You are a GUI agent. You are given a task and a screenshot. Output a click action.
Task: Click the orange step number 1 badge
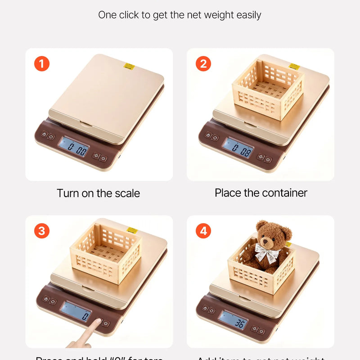point(42,64)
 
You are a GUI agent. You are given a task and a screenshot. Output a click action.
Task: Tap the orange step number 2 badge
point(203,64)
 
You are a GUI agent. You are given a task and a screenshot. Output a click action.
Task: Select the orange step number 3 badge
point(42,231)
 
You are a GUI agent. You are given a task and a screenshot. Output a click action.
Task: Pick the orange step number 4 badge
point(203,231)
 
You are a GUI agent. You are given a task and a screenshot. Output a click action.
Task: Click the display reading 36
point(233,320)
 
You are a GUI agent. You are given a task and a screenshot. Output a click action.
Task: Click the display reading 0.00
point(74,147)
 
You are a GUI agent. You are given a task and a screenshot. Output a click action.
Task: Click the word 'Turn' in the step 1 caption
point(68,193)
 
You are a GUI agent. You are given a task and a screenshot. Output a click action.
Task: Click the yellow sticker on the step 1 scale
point(129,67)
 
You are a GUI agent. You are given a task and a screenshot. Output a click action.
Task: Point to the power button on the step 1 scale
point(104,158)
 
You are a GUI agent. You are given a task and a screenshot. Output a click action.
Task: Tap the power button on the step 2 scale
point(268,159)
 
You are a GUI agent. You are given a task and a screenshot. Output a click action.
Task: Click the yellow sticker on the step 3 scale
point(132,230)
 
